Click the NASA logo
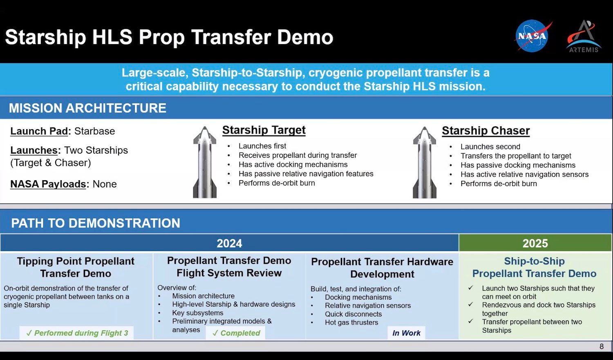pyautogui.click(x=532, y=36)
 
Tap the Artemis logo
pyautogui.click(x=584, y=36)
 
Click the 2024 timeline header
pyautogui.click(x=229, y=243)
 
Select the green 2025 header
pyautogui.click(x=535, y=243)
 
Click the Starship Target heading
pyautogui.click(x=264, y=130)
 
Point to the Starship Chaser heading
pyautogui.click(x=486, y=130)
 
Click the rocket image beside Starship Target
pyautogui.click(x=205, y=162)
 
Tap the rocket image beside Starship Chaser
pyautogui.click(x=425, y=163)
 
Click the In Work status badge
pyautogui.click(x=406, y=333)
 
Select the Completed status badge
pyautogui.click(x=236, y=333)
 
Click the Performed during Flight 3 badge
pyautogui.click(x=77, y=333)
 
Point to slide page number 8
pyautogui.click(x=602, y=347)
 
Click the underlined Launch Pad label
pyautogui.click(x=39, y=131)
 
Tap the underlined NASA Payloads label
pyautogui.click(x=48, y=184)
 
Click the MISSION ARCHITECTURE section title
pyautogui.click(x=87, y=108)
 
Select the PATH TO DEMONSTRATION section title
pyautogui.click(x=96, y=223)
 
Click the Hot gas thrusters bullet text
pyautogui.click(x=351, y=322)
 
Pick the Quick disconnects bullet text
pyautogui.click(x=353, y=314)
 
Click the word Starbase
pyautogui.click(x=95, y=131)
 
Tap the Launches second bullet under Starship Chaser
pyautogui.click(x=490, y=147)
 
